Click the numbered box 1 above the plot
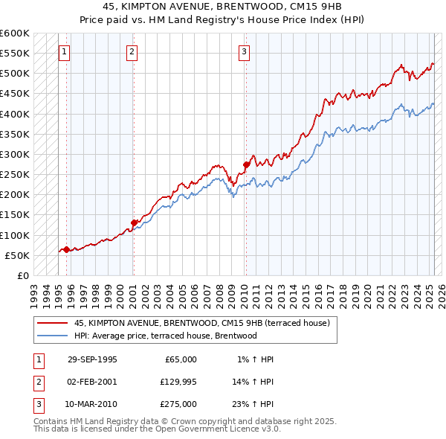tap(65, 52)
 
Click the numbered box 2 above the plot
tap(132, 52)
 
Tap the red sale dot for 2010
tap(246, 164)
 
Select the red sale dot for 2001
tap(134, 222)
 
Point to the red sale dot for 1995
tap(66, 249)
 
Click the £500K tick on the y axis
tap(15, 74)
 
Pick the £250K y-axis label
tap(15, 175)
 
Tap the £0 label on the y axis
tap(22, 276)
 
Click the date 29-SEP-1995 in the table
tap(92, 359)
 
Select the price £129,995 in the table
tap(178, 382)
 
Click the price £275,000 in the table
tap(178, 404)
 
